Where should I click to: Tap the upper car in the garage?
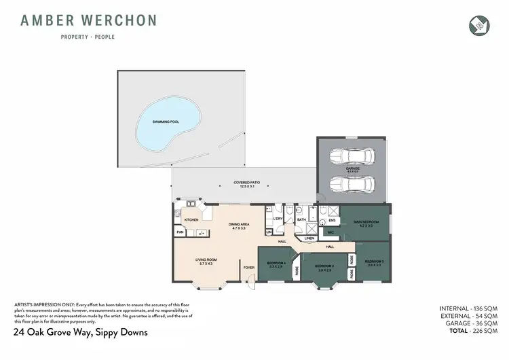[352, 157]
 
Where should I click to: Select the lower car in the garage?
[352, 184]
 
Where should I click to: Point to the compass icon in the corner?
[478, 24]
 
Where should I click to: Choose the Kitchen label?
[191, 220]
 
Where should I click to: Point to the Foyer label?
[249, 268]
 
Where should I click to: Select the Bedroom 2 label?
[374, 262]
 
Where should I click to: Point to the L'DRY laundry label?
[277, 219]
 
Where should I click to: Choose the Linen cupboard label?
[309, 238]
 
